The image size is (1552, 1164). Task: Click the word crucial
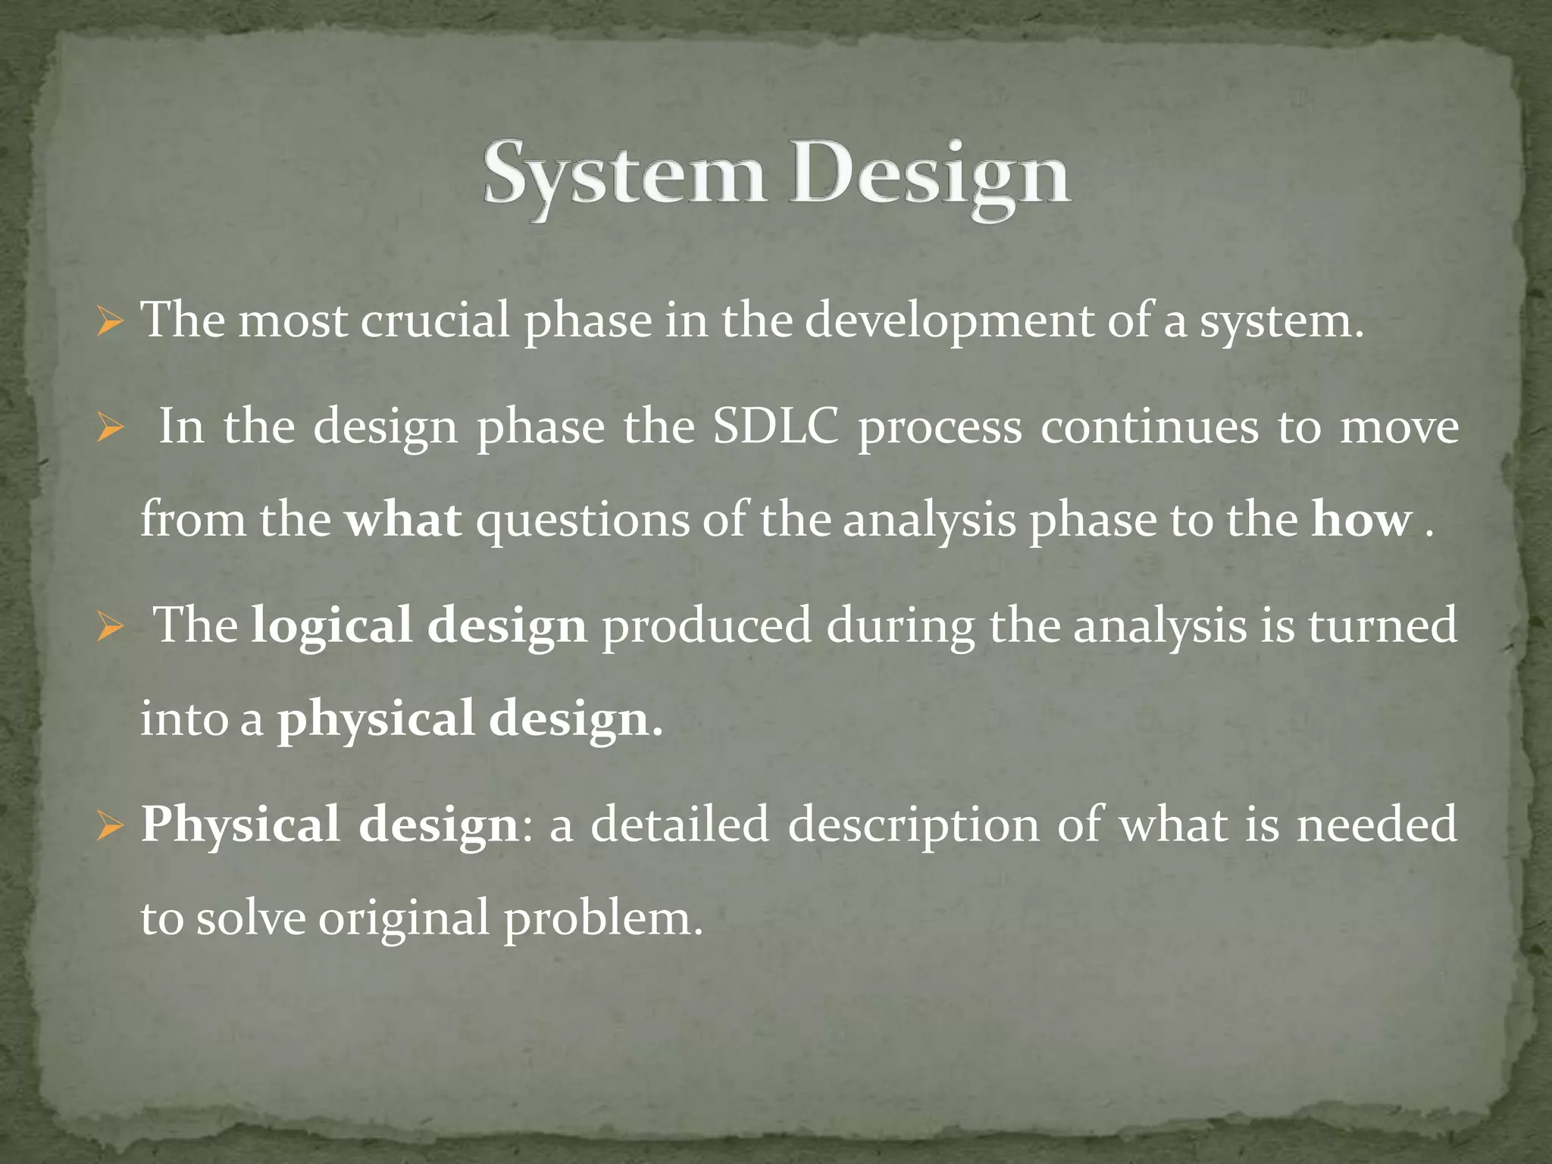(x=434, y=321)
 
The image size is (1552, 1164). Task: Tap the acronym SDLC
(x=776, y=427)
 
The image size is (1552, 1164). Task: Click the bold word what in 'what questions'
(x=403, y=520)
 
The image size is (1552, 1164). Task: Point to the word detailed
(x=679, y=824)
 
